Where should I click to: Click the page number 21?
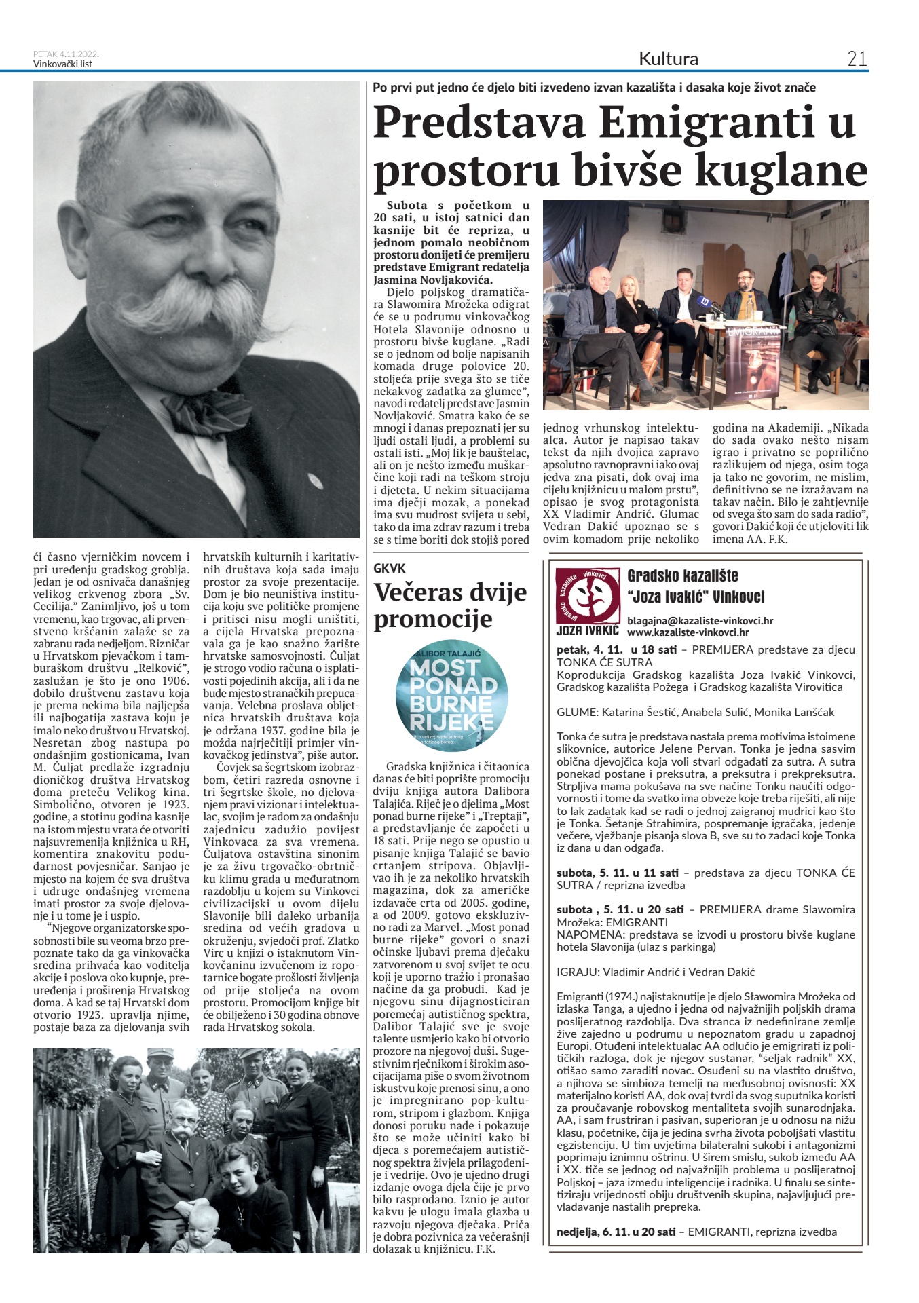point(857,59)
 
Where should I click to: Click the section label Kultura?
point(668,59)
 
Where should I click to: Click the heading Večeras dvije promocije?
point(449,605)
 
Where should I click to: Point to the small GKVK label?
point(390,569)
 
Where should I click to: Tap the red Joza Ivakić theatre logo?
point(588,596)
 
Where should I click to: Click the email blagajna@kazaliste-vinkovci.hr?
point(700,620)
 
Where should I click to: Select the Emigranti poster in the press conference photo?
point(753,366)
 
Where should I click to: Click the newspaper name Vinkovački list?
point(62,64)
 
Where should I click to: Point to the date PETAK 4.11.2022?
point(66,54)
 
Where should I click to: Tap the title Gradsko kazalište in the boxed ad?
point(682,576)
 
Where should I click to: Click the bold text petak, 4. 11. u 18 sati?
point(616,649)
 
